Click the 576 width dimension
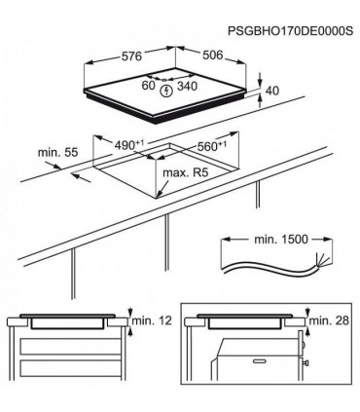(133, 59)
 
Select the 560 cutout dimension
(205, 146)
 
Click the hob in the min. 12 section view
(68, 321)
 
